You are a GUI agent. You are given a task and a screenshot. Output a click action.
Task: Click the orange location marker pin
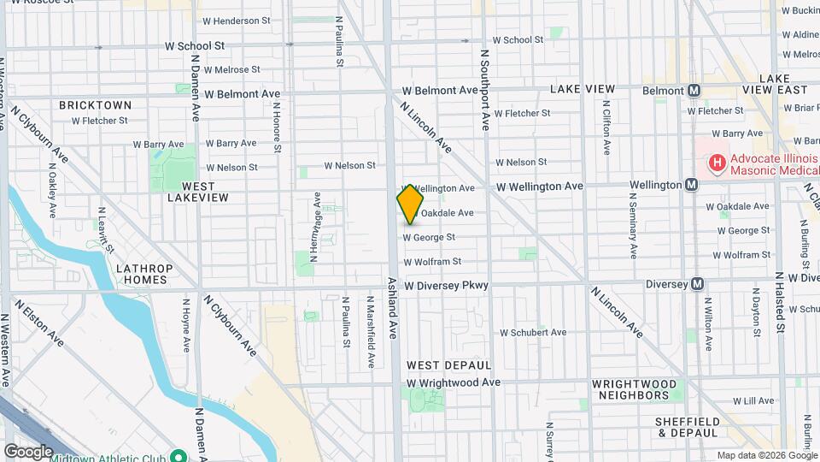coord(410,204)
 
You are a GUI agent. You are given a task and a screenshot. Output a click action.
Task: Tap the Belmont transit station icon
coord(694,90)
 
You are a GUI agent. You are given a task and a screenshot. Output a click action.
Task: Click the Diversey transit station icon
coord(698,284)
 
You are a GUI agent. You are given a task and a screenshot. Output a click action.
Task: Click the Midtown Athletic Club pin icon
coord(179,455)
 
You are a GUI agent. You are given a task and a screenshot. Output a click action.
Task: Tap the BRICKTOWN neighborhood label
coord(95,105)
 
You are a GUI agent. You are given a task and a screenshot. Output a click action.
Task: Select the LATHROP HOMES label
coord(144,274)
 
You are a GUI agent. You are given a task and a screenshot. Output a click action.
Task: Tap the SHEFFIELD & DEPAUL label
coord(688,428)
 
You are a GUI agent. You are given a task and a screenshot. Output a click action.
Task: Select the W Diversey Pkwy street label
coord(446,285)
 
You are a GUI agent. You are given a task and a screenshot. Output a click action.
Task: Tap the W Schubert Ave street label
coord(533,332)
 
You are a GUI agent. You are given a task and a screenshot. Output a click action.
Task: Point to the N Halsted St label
coord(780,304)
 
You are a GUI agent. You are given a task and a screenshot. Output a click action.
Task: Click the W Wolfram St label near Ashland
coord(432,261)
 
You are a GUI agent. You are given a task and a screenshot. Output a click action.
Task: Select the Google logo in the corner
coord(28,451)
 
